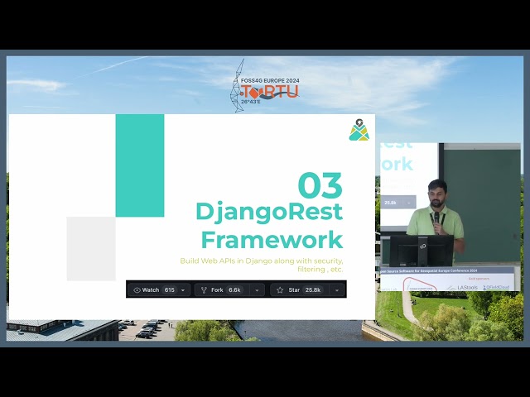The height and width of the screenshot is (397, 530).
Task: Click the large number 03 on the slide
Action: (320, 184)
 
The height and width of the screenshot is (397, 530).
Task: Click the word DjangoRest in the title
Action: (269, 212)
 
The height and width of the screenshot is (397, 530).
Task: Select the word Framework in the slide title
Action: (272, 240)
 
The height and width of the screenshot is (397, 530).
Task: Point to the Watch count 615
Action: (169, 290)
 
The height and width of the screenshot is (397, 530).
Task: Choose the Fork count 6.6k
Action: (234, 290)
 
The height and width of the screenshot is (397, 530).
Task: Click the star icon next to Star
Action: (280, 290)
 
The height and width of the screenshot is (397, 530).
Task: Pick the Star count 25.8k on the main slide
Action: (312, 290)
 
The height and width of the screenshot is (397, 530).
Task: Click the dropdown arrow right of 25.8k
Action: (336, 290)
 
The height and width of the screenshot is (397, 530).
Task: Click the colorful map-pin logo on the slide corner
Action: (359, 130)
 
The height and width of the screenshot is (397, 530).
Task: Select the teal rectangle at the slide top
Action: (140, 165)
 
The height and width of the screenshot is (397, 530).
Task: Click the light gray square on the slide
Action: (91, 248)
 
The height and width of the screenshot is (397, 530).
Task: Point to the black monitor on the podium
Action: (422, 250)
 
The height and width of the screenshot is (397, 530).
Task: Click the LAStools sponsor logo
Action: (468, 287)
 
